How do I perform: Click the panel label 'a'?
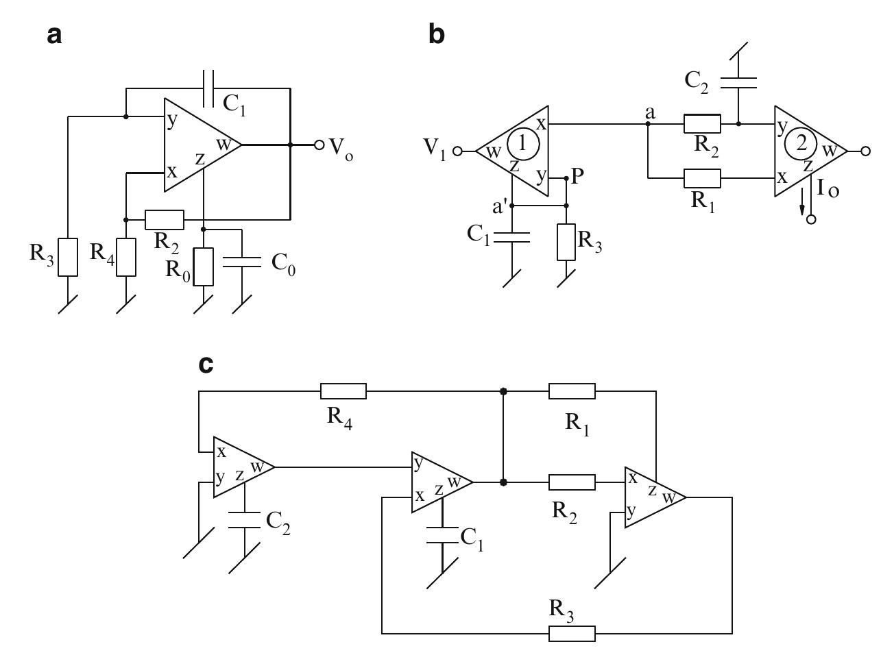point(54,35)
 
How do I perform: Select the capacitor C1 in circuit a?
point(209,88)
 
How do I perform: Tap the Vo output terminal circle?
point(319,145)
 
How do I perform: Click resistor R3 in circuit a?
point(68,257)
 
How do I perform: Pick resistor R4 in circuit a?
point(127,257)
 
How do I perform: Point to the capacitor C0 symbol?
point(243,261)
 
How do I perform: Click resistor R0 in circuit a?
point(204,267)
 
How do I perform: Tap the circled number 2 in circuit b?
point(801,145)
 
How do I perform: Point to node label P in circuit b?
point(577,176)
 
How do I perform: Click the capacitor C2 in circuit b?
point(738,83)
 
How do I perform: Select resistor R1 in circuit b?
point(702,179)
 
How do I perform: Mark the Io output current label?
point(828,190)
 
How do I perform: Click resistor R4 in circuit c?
point(343,391)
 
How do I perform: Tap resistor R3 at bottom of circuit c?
point(572,634)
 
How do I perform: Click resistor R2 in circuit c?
point(572,482)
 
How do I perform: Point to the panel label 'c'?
point(205,364)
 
